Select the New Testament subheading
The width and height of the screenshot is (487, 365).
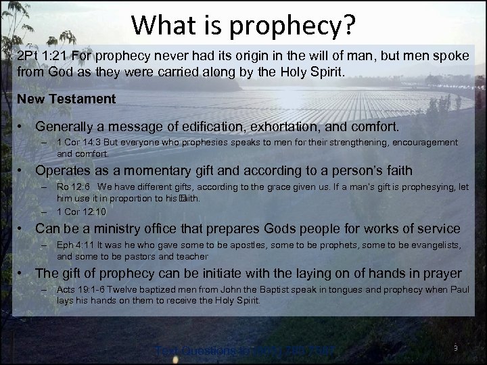(66, 99)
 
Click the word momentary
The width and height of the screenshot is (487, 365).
(141, 170)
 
